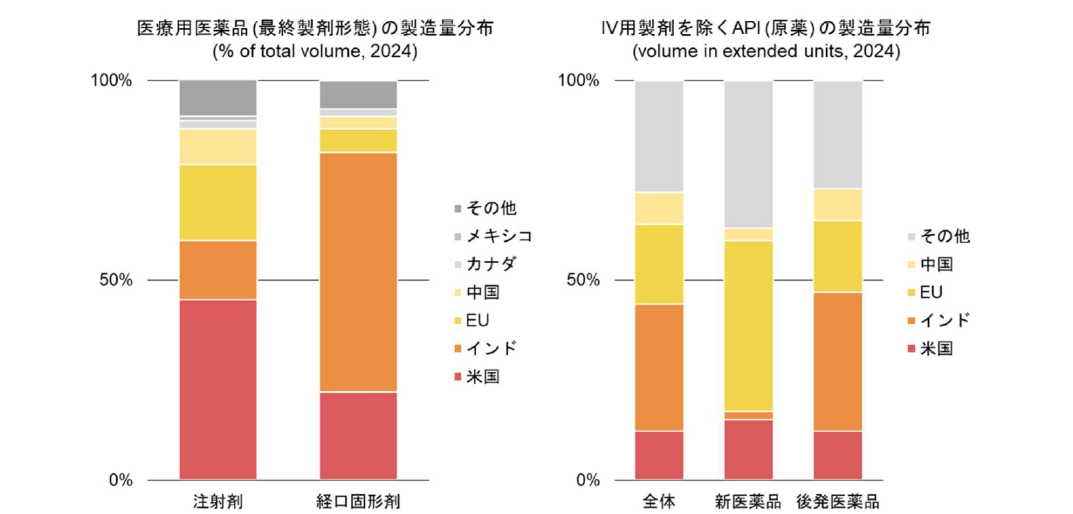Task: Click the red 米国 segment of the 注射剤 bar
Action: pos(218,389)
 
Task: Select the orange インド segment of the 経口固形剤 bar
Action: pos(358,272)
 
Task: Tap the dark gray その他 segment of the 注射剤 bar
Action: pos(218,98)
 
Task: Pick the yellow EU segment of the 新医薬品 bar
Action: pos(748,325)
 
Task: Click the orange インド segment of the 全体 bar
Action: pos(659,367)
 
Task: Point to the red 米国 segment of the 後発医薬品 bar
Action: pos(838,455)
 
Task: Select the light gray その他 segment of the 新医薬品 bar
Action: pos(748,154)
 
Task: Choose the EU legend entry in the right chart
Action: pos(930,293)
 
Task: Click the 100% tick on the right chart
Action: pos(578,81)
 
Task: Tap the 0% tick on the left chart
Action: pos(121,480)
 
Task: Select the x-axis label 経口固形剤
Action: pos(358,501)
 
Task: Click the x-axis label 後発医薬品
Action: pos(838,501)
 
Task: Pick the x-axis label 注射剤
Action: pos(218,501)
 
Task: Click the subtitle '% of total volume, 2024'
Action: pos(315,52)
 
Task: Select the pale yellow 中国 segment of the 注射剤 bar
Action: pos(218,146)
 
